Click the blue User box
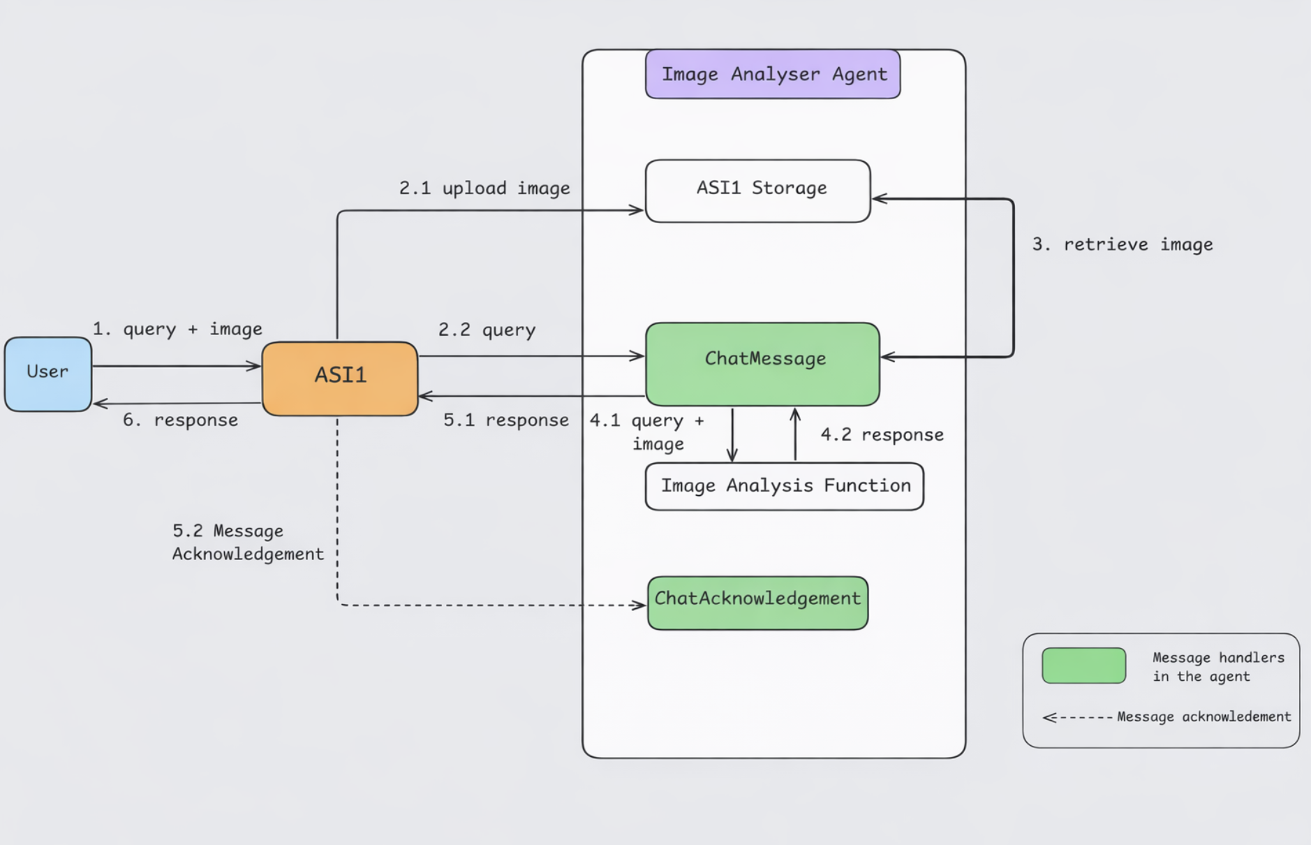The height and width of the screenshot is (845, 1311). click(47, 374)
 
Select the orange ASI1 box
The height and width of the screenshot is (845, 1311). click(340, 378)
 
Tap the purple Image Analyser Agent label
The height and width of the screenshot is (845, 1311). click(773, 74)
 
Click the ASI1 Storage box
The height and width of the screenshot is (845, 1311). click(757, 191)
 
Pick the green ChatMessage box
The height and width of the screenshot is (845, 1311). click(762, 363)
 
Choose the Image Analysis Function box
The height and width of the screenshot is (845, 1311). click(784, 486)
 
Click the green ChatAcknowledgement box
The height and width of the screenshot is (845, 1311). click(757, 603)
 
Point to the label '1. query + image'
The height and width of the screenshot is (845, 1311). click(177, 329)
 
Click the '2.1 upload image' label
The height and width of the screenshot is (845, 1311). click(484, 189)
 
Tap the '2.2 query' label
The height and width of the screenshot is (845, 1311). click(487, 330)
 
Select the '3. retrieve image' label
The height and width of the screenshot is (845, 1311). click(1122, 244)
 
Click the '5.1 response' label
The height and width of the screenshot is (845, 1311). click(505, 420)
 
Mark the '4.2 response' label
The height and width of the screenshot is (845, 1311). click(882, 435)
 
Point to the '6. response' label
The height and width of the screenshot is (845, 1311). click(180, 420)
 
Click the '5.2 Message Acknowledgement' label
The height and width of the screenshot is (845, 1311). click(247, 543)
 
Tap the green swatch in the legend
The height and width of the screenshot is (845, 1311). click(1083, 666)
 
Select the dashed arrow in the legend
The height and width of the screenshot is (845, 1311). click(1078, 717)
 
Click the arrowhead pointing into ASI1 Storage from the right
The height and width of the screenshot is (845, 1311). click(879, 198)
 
